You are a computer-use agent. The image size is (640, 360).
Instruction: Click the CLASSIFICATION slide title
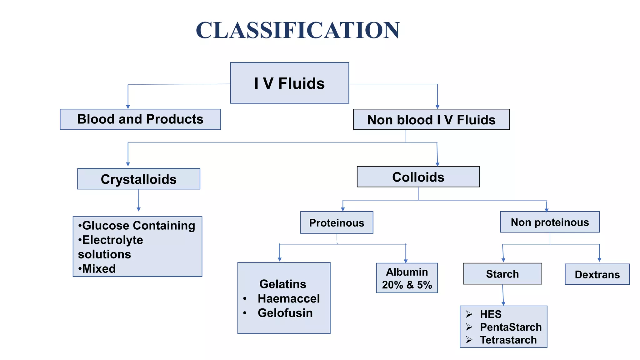(x=297, y=30)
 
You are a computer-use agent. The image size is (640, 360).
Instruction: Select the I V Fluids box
(x=289, y=83)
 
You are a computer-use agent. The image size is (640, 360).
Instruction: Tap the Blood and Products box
(x=140, y=119)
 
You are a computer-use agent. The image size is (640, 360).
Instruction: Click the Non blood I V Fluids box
(x=431, y=120)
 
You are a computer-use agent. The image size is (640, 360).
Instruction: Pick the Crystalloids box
(x=139, y=179)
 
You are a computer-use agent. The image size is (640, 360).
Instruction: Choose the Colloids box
(x=418, y=177)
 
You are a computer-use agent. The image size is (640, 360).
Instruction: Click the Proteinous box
(x=337, y=222)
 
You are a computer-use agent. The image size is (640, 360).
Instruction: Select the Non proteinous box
(x=550, y=222)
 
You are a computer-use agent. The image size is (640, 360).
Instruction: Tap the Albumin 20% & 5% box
(x=407, y=278)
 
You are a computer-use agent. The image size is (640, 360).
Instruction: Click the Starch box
(x=502, y=274)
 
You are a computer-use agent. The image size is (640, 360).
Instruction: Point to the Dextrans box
(x=597, y=274)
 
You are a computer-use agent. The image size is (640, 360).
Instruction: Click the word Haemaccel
(x=288, y=298)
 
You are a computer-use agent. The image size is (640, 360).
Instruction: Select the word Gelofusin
(x=285, y=313)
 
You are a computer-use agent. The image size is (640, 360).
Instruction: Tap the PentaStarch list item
(x=511, y=327)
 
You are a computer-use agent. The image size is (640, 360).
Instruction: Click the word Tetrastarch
(x=508, y=340)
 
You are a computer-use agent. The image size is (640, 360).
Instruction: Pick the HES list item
(x=491, y=314)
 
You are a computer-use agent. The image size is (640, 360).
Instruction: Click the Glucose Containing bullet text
(x=138, y=225)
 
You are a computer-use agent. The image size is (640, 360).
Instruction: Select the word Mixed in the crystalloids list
(x=99, y=268)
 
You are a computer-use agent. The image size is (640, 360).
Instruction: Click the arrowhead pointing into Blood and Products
(x=128, y=107)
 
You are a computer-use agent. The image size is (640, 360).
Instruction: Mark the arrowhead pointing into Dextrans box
(x=599, y=260)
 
